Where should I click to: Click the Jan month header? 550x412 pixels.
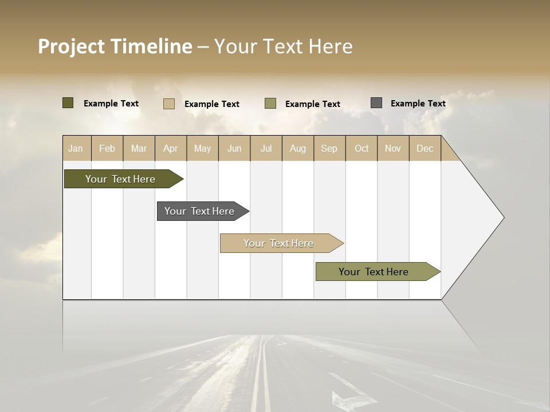(x=76, y=148)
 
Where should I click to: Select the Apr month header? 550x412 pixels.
(x=171, y=148)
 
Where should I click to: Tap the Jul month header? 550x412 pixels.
(x=266, y=148)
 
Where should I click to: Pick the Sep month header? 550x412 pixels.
(x=329, y=148)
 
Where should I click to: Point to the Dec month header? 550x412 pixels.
(x=425, y=148)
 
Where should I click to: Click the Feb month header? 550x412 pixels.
(x=107, y=148)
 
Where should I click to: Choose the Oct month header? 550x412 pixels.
(x=362, y=148)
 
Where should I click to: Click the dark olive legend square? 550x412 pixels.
(x=68, y=103)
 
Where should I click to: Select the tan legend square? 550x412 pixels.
(x=169, y=104)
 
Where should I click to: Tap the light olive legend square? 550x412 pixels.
(x=270, y=104)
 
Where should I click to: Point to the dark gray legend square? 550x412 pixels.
(x=376, y=103)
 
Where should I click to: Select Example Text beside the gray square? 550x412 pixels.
(x=418, y=103)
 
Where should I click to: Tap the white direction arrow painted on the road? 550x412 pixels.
(x=351, y=394)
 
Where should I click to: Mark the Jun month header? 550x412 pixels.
(x=234, y=148)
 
